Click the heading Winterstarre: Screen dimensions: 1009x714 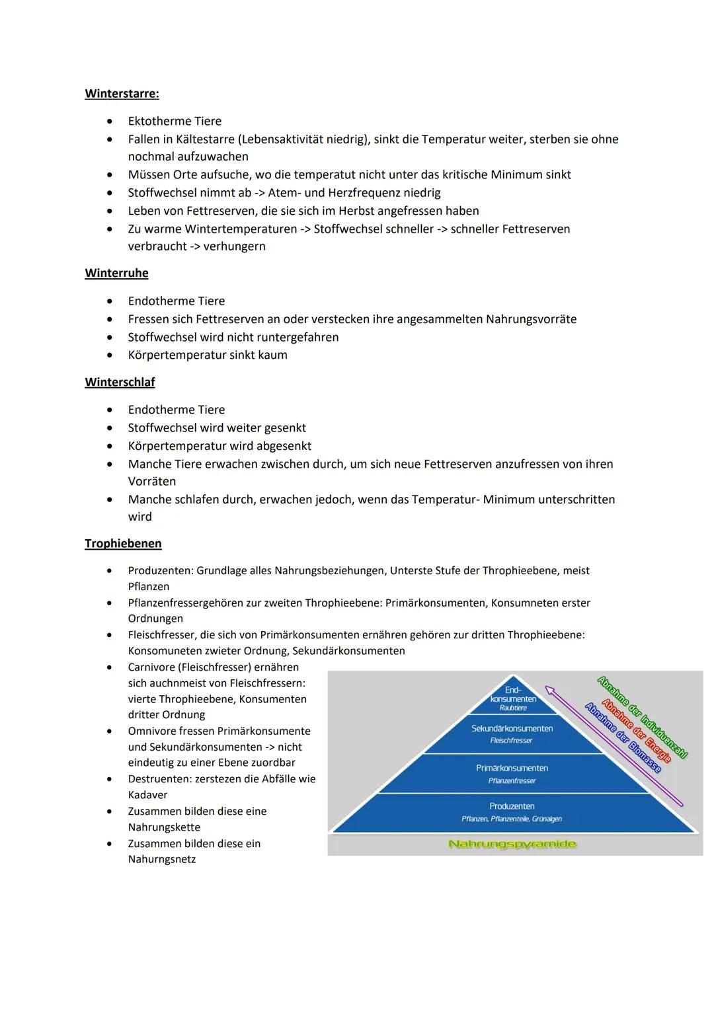[122, 94]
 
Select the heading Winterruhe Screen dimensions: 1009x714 [116, 273]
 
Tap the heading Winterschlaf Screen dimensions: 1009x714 [120, 382]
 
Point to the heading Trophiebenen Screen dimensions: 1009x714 [123, 543]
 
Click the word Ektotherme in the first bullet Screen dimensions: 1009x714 [155, 121]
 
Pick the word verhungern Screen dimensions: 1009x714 [234, 246]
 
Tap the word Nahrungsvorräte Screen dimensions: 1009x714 [531, 319]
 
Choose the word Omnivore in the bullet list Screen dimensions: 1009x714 [152, 731]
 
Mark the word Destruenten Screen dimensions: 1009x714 [159, 779]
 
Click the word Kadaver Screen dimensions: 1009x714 [147, 795]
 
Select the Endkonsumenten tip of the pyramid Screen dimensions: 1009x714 [513, 698]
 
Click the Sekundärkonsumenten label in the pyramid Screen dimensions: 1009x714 [512, 728]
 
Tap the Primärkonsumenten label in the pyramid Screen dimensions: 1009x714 [512, 768]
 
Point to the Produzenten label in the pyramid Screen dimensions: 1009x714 [512, 806]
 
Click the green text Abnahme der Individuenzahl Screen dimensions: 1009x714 [642, 717]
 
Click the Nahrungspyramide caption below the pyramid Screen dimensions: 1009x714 [512, 844]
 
